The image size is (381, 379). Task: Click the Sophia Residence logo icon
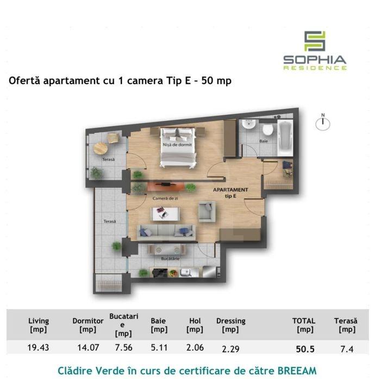(315, 41)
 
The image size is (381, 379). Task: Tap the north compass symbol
(323, 123)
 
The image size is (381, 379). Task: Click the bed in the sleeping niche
(178, 147)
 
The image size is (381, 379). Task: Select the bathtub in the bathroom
(285, 138)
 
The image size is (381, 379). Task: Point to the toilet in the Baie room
(267, 129)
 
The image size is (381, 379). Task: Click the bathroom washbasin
(248, 124)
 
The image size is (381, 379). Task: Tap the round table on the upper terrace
(101, 148)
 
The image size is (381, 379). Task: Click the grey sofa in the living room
(166, 232)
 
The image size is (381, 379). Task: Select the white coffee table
(165, 214)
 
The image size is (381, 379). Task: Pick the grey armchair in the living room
(207, 211)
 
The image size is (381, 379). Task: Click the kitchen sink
(186, 272)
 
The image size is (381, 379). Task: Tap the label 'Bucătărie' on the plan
(170, 259)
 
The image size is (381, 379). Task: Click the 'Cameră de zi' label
(165, 198)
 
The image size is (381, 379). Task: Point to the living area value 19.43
(38, 348)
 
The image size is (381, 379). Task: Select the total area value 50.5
(305, 349)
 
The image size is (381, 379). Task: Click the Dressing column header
(230, 325)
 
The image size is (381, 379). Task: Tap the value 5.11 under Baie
(159, 348)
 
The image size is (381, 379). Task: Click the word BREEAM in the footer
(297, 370)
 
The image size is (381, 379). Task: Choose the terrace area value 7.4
(347, 349)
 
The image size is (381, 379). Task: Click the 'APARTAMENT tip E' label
(230, 193)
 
